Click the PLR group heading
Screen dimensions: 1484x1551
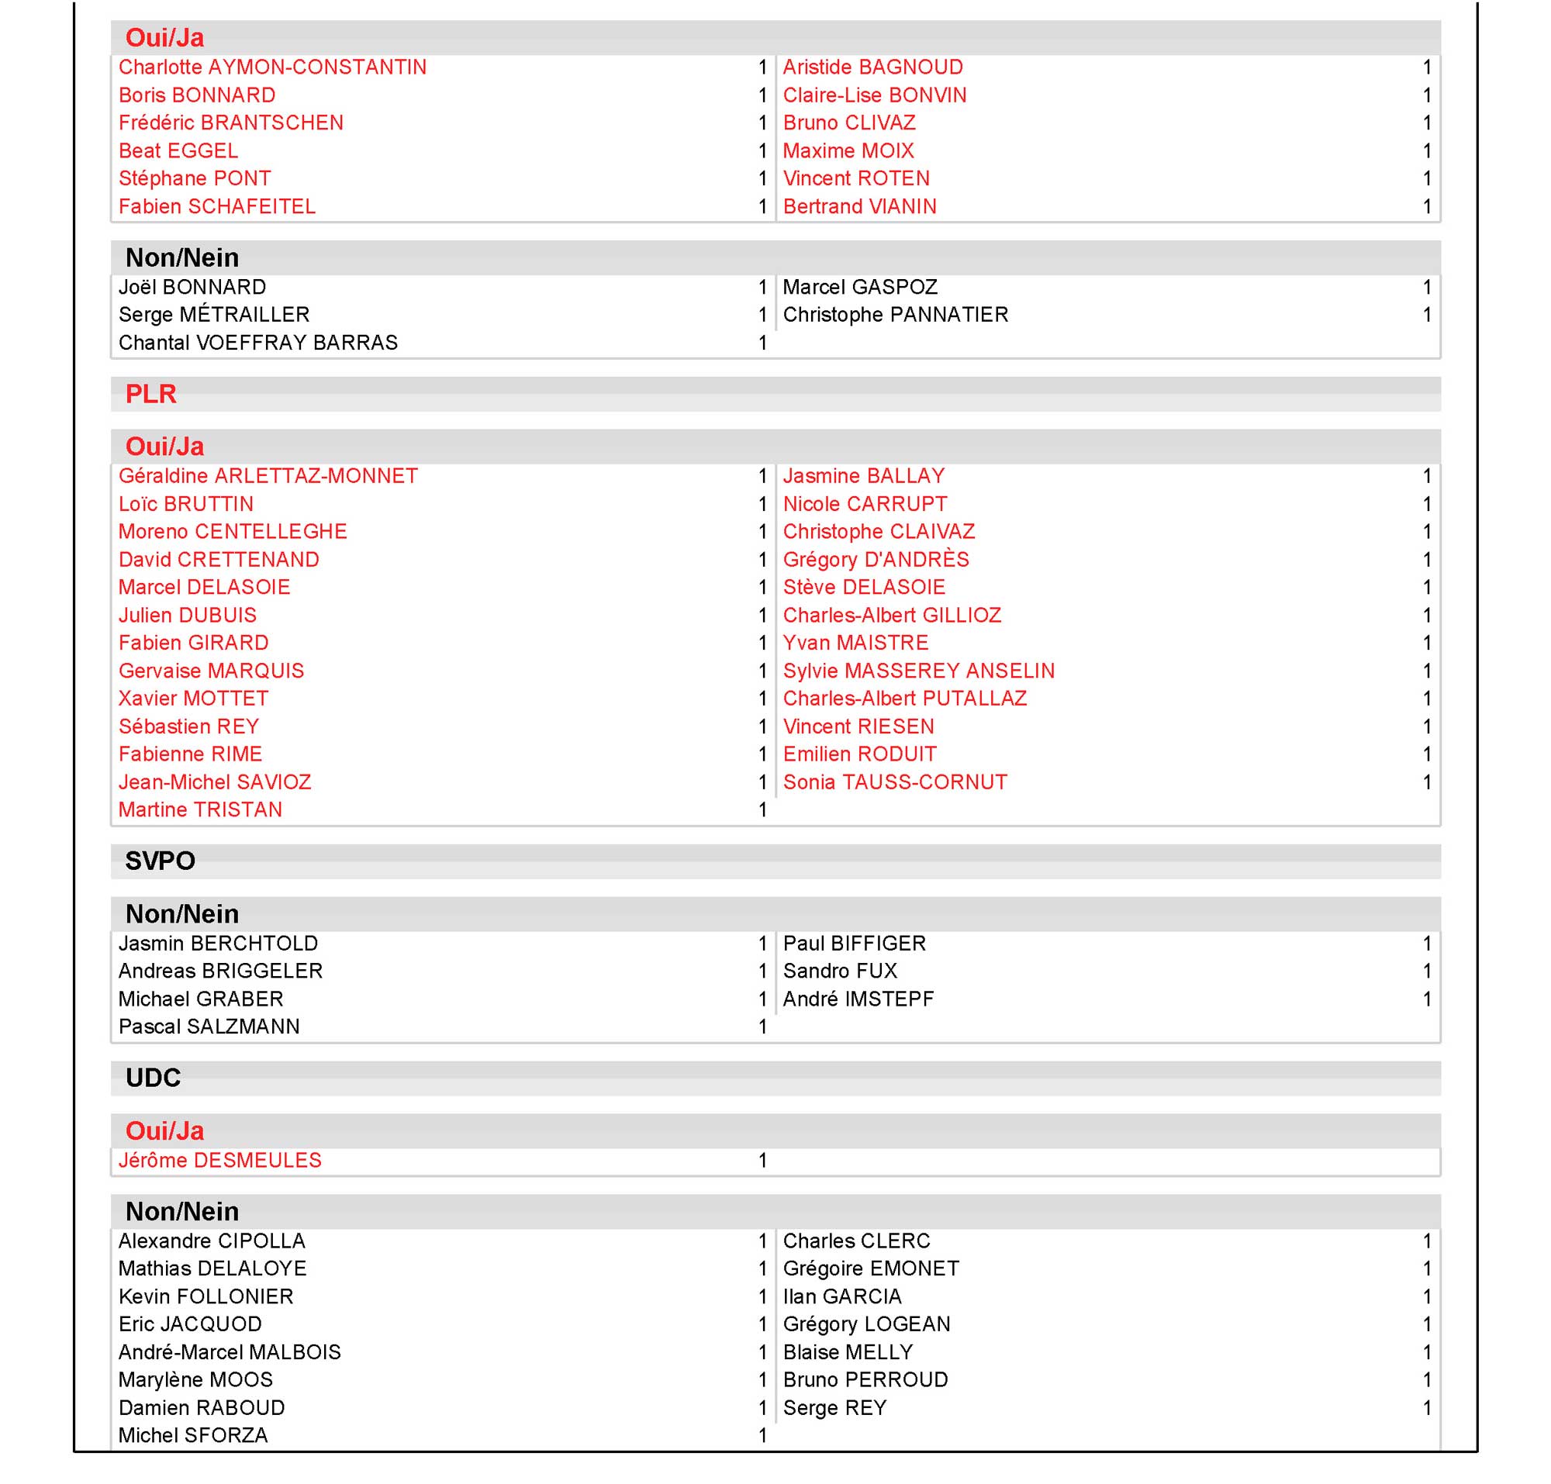coord(150,394)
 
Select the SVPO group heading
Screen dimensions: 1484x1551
coord(160,861)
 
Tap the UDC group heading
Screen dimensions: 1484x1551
coord(153,1078)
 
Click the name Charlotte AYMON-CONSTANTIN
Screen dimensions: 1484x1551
coord(272,67)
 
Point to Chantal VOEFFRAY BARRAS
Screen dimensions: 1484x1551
coord(258,343)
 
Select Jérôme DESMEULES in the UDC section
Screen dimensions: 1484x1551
coord(220,1161)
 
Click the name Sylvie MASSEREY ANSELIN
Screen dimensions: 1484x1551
coord(919,671)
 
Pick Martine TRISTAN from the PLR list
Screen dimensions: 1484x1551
coord(200,810)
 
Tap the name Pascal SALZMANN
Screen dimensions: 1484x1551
coord(209,1027)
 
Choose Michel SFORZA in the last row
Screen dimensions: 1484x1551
coord(193,1436)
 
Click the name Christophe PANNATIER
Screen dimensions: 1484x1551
coord(896,315)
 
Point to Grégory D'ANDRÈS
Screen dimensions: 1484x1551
coord(876,560)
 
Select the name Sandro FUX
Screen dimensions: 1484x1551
coord(841,972)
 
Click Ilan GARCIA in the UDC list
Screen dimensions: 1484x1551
coord(842,1296)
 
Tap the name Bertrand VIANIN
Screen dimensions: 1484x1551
coord(859,206)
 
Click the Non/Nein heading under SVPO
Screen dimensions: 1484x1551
coord(182,914)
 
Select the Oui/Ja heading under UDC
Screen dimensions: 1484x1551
coord(164,1131)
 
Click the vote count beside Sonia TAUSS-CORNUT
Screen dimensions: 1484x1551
coord(1427,782)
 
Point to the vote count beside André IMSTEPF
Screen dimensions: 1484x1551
coord(1427,999)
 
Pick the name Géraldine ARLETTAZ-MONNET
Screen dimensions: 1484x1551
coord(268,476)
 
